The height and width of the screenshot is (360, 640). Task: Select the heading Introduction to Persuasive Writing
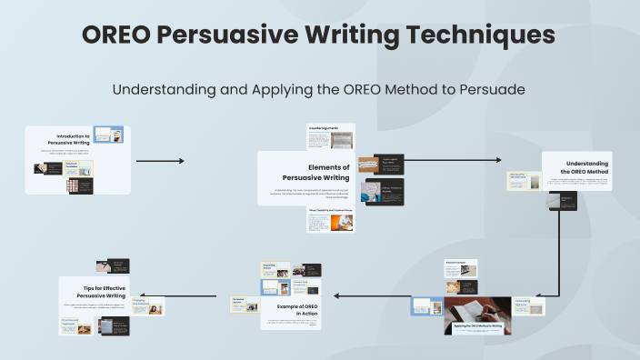click(x=73, y=139)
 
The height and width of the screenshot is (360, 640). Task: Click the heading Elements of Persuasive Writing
click(x=315, y=173)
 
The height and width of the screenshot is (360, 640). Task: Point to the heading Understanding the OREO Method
click(x=584, y=167)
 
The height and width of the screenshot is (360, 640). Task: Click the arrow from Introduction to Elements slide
click(x=160, y=161)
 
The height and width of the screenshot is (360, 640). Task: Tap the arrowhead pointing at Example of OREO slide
click(x=335, y=295)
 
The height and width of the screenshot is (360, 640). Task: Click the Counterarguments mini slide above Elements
click(x=330, y=136)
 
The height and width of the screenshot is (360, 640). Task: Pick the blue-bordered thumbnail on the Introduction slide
click(x=108, y=135)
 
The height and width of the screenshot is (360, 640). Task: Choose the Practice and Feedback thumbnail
click(x=76, y=326)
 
